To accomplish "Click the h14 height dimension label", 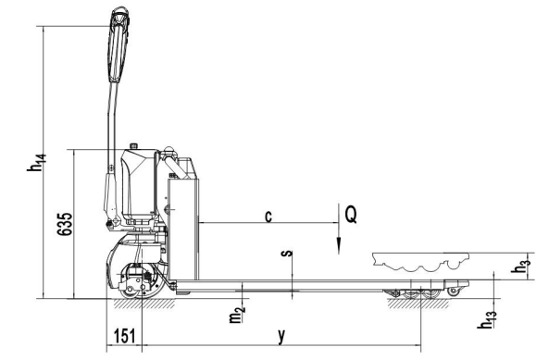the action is pos(36,163).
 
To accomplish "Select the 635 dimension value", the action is pos(65,224).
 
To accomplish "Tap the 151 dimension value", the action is pos(125,336).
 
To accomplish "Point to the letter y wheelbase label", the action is pos(281,336).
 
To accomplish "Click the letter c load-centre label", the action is pos(268,217).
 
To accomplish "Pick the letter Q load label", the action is pos(351,214).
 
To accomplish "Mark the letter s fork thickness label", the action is pos(287,254).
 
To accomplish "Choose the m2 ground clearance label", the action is pos(237,314).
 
